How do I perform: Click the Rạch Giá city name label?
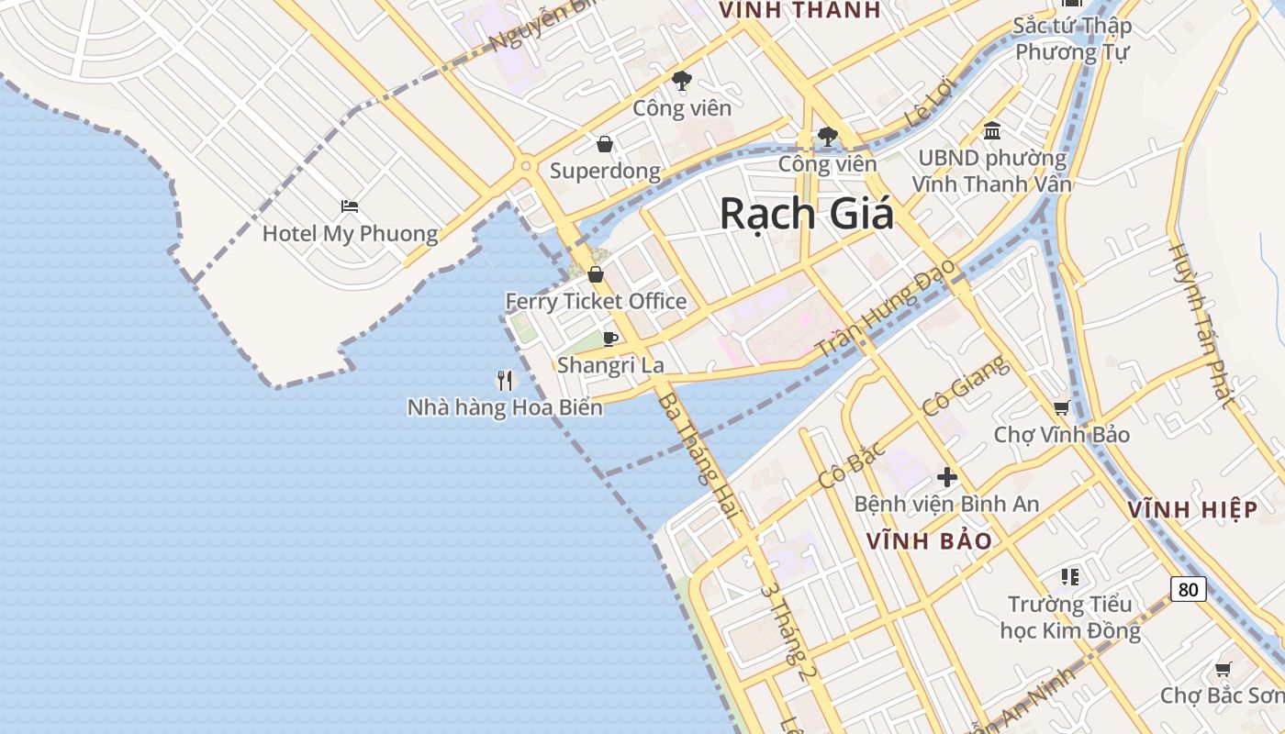click(806, 214)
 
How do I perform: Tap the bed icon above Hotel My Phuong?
click(349, 206)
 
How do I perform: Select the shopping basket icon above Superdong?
click(604, 144)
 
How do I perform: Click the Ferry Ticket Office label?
click(596, 301)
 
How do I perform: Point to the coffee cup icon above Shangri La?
click(609, 339)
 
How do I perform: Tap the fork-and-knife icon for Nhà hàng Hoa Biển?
click(505, 380)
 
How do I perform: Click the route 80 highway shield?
click(1188, 589)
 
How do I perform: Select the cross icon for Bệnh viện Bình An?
click(946, 477)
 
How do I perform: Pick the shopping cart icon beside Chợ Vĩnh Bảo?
click(1061, 407)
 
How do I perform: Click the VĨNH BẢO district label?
click(929, 541)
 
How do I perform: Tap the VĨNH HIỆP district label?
click(1191, 510)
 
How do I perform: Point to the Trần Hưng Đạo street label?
click(886, 308)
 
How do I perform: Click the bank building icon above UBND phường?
click(991, 131)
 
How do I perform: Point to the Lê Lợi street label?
click(930, 102)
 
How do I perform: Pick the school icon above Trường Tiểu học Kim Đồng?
click(1069, 577)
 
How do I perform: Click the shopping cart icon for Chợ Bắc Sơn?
click(1222, 670)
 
